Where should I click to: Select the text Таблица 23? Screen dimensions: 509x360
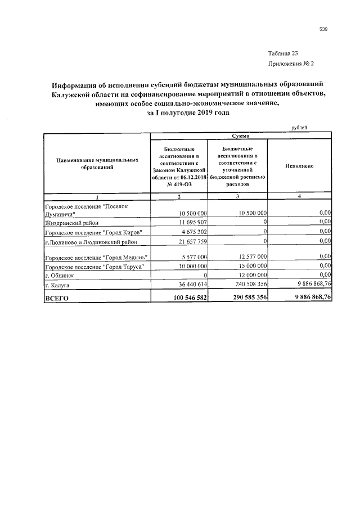click(x=282, y=53)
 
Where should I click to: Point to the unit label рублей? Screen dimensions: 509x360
click(x=299, y=128)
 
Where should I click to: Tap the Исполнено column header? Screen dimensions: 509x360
click(x=299, y=166)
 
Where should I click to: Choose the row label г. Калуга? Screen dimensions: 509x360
click(x=57, y=286)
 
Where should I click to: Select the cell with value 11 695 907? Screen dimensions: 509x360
click(x=193, y=223)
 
